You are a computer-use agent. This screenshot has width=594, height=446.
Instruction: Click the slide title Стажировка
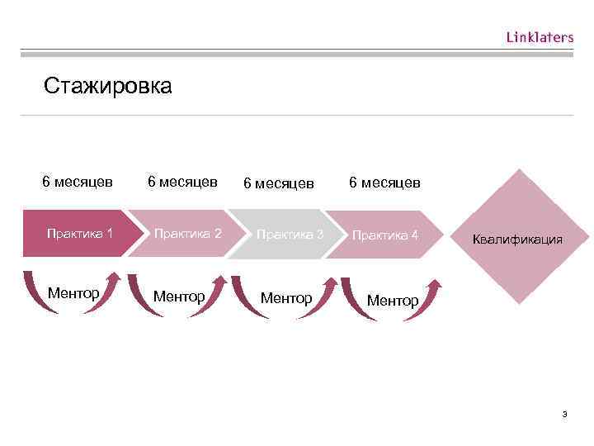pyautogui.click(x=108, y=86)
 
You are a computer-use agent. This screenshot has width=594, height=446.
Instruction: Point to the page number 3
pyautogui.click(x=564, y=414)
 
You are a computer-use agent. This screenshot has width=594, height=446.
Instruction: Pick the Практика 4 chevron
pyautogui.click(x=384, y=235)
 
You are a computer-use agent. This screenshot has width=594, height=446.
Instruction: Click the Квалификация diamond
pyautogui.click(x=517, y=240)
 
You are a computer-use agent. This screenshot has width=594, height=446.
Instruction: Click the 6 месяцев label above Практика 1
pyautogui.click(x=78, y=180)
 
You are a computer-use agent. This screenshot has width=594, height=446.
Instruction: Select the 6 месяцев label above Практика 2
pyautogui.click(x=182, y=180)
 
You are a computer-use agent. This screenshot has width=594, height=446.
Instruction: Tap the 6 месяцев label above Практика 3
pyautogui.click(x=278, y=182)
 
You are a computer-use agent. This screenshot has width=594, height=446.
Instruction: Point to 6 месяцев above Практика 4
pyautogui.click(x=384, y=182)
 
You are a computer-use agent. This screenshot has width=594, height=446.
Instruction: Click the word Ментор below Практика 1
pyautogui.click(x=73, y=292)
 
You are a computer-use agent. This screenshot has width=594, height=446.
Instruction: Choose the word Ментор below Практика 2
pyautogui.click(x=179, y=295)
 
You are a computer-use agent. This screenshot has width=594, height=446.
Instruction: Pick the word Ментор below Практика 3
pyautogui.click(x=285, y=297)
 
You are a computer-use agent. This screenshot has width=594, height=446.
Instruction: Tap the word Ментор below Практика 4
pyautogui.click(x=392, y=301)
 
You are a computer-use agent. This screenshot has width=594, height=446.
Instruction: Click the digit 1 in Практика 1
pyautogui.click(x=110, y=233)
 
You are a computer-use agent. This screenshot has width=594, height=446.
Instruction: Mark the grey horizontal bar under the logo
pyautogui.click(x=297, y=55)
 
